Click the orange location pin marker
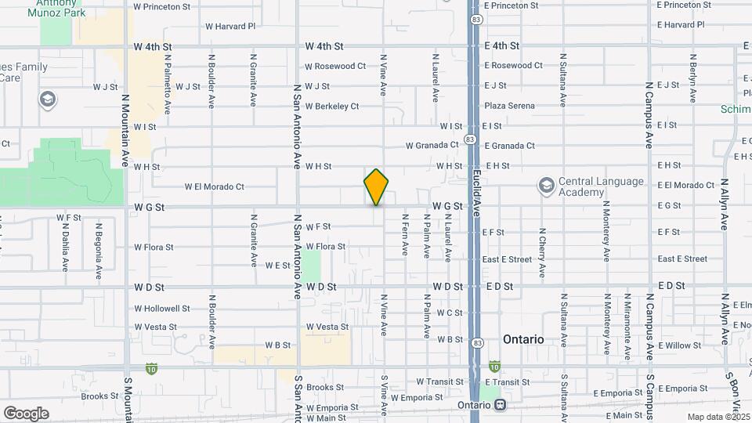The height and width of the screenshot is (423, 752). click(x=376, y=186)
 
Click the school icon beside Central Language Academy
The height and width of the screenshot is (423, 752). click(x=546, y=186)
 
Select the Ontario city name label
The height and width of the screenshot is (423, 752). click(x=523, y=339)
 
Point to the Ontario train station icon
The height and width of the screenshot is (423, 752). click(x=499, y=405)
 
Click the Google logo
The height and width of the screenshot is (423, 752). click(x=26, y=413)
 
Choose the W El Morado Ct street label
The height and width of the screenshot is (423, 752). click(x=215, y=186)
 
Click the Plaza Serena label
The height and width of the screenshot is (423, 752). click(x=509, y=106)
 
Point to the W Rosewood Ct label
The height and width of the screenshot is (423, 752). click(x=335, y=66)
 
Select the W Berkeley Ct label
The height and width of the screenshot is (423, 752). click(x=332, y=106)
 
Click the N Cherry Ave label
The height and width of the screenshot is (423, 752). click(x=542, y=253)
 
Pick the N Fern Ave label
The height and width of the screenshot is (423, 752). click(x=405, y=235)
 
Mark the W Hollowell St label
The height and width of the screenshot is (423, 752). click(x=161, y=308)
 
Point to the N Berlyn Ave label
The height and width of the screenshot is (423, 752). click(x=693, y=78)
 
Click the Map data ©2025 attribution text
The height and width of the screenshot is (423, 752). click(x=718, y=417)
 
